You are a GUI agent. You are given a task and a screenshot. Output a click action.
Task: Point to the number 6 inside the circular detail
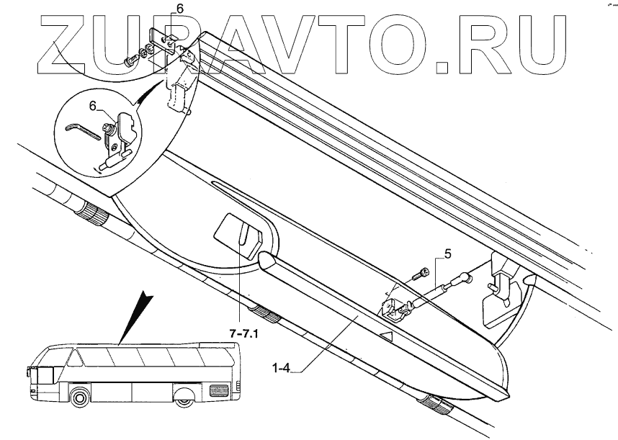click(92, 106)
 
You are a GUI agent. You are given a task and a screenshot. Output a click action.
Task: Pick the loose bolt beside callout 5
click(421, 274)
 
